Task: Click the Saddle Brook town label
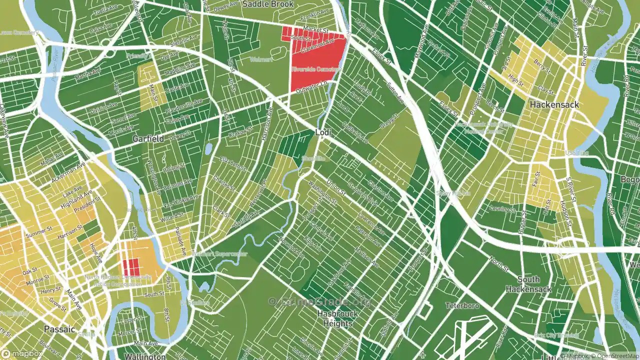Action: (x=268, y=4)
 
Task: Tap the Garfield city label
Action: (x=148, y=139)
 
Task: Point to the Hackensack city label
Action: (x=554, y=105)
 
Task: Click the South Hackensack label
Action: (x=528, y=284)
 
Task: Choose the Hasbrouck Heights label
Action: (x=338, y=318)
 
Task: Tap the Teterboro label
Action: (x=462, y=305)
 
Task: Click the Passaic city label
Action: (x=59, y=329)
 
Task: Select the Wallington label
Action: (x=145, y=356)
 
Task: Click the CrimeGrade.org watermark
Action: (x=320, y=301)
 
